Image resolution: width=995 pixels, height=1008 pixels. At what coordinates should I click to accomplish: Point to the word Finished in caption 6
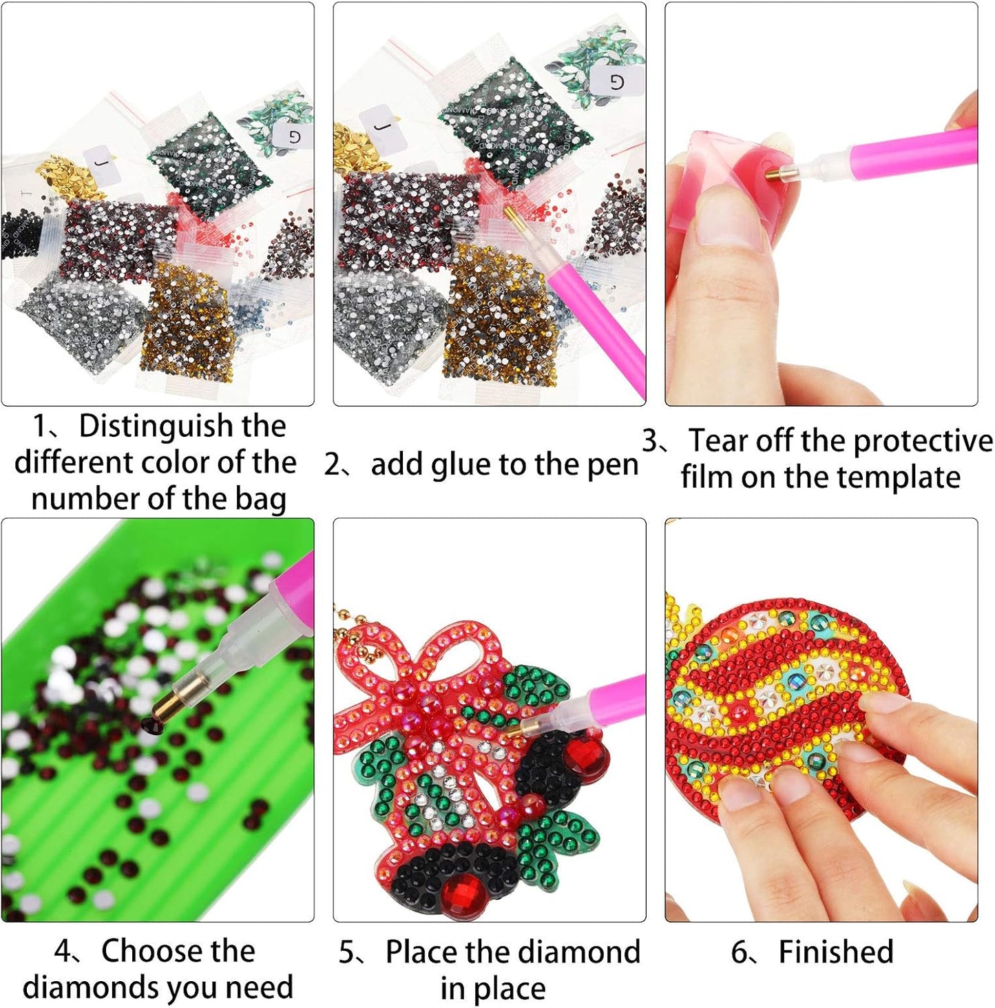(835, 952)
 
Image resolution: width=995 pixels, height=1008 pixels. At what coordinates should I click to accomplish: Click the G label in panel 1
(295, 136)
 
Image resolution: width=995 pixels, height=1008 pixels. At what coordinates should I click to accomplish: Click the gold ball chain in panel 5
(355, 634)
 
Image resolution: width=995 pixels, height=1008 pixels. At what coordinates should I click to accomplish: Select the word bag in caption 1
(260, 499)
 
